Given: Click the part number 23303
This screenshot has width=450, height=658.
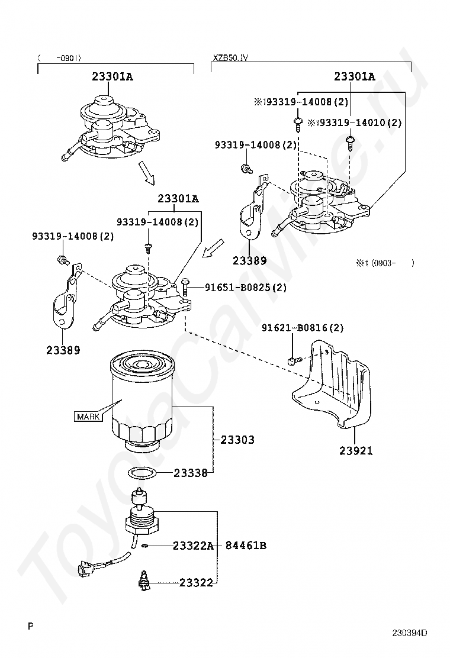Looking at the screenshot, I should coord(237,440).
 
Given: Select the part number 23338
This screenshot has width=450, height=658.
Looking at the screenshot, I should coord(191,473).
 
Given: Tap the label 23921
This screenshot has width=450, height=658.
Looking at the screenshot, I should coord(356,451).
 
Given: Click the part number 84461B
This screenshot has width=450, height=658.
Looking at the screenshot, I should coord(246,546).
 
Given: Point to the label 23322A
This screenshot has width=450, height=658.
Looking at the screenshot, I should coord(193,546).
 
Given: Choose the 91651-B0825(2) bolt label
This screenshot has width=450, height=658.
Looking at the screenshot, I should coord(246,288).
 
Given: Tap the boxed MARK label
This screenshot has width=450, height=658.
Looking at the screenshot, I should coord(88,417).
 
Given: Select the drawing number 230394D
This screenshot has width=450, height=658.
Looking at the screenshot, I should coord(409,633).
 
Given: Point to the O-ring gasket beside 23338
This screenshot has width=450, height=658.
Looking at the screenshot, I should coord(142,473).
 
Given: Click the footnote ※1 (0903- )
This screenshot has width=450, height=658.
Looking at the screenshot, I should coord(384,263).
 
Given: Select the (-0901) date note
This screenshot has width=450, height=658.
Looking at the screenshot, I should coord(59,58).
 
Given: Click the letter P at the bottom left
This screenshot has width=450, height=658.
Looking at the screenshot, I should coord(30,625).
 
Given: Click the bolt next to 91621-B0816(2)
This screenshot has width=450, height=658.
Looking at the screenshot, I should coord(293,360).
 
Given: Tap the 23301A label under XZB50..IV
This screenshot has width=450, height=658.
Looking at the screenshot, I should coord(355,76).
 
